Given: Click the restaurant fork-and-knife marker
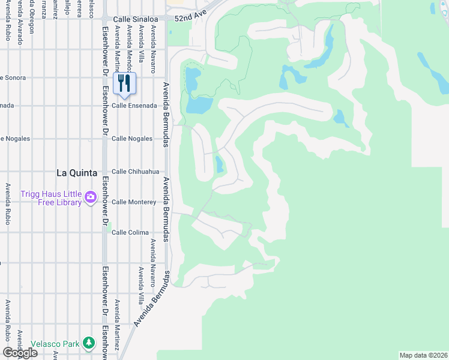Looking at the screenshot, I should point(124,83).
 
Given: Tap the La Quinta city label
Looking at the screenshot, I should point(76,173).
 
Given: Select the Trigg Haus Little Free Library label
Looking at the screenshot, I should point(50,198).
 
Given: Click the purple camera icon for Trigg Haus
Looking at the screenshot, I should point(91,197).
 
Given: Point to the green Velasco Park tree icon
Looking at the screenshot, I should point(89,343).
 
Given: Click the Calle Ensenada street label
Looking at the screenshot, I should point(134,106).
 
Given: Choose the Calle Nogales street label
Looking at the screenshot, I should point(132,139).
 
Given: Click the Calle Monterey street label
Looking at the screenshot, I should point(134,202).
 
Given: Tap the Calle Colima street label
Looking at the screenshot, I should point(130,232).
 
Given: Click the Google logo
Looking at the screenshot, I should point(20,352).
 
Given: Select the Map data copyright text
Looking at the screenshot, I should point(423,355).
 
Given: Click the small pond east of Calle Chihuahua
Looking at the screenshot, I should point(219,164).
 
